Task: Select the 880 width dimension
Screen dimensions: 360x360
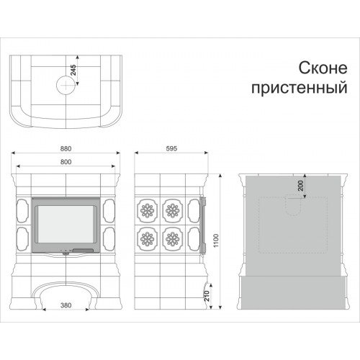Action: [x=66, y=149]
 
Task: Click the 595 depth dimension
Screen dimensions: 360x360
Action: [x=171, y=149]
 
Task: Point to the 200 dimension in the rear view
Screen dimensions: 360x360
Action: [x=299, y=185]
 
